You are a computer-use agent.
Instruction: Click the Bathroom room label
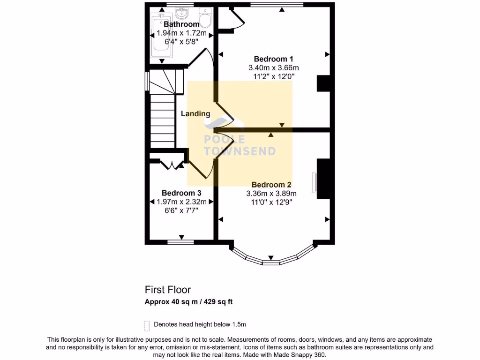pyautogui.click(x=181, y=24)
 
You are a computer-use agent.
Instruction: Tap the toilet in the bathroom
pyautogui.click(x=205, y=19)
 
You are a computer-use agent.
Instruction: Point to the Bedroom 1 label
pyautogui.click(x=273, y=59)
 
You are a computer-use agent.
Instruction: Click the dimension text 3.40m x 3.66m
pyautogui.click(x=273, y=68)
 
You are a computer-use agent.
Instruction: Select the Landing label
pyautogui.click(x=195, y=113)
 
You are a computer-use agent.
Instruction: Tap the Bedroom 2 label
pyautogui.click(x=271, y=185)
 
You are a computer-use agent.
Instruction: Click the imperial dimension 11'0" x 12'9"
pyautogui.click(x=271, y=202)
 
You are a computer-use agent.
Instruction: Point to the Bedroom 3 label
pyautogui.click(x=181, y=193)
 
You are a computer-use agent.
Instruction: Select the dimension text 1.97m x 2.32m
pyautogui.click(x=181, y=202)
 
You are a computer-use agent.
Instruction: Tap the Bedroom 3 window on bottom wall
pyautogui.click(x=181, y=242)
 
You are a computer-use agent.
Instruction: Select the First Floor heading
pyautogui.click(x=167, y=290)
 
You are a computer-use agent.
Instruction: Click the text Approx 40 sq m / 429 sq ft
pyautogui.click(x=188, y=302)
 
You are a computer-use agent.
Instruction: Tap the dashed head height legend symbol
pyautogui.click(x=147, y=325)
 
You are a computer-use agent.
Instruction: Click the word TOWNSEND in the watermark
pyautogui.click(x=240, y=151)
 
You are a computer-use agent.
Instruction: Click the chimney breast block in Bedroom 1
pyautogui.click(x=324, y=83)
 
